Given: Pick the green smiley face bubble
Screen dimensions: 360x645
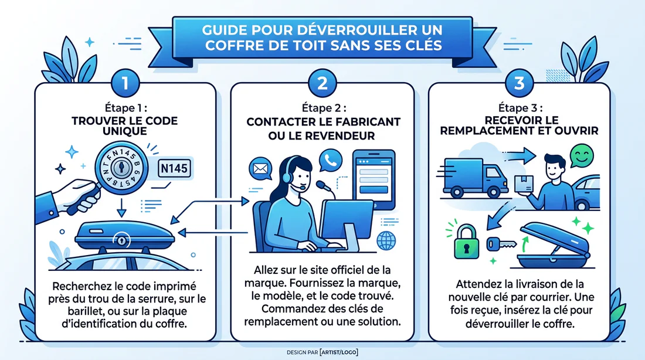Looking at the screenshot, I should pyautogui.click(x=582, y=157).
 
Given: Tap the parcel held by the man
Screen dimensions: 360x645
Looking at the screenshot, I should pyautogui.click(x=525, y=181).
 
